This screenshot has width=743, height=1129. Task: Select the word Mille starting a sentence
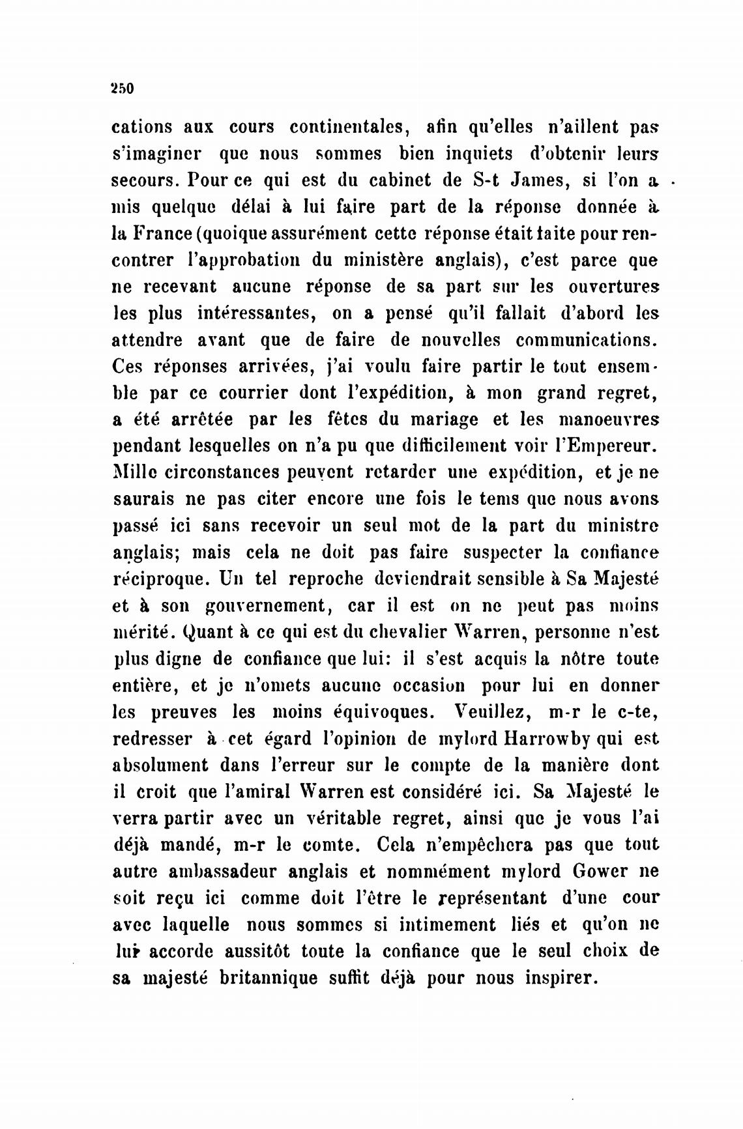click(134, 472)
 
